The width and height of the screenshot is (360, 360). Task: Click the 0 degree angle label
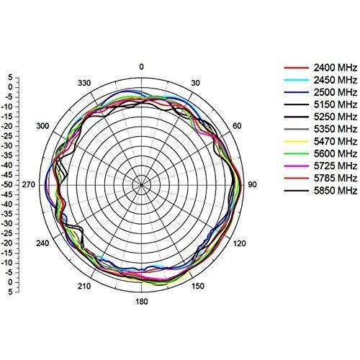(x=141, y=67)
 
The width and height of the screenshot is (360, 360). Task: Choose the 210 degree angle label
(x=84, y=287)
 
